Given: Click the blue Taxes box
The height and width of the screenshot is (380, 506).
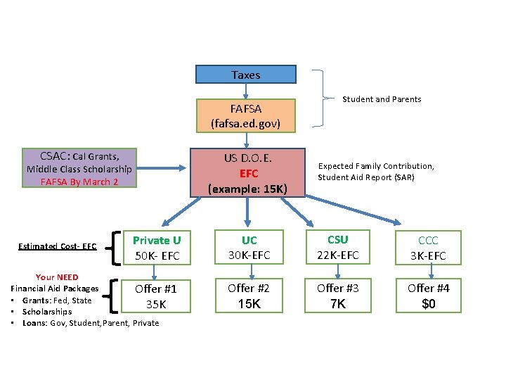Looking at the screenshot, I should [245, 75].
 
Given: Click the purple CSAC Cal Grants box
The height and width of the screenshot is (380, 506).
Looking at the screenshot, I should [79, 169].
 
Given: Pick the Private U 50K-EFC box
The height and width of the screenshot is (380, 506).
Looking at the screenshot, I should [157, 248].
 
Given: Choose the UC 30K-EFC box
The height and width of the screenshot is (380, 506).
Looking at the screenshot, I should [249, 248].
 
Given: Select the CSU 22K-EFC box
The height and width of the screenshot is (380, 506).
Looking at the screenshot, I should [337, 247].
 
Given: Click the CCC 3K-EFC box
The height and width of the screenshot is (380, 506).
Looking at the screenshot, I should [427, 248].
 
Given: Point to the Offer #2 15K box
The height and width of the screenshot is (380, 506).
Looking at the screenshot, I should [249, 296].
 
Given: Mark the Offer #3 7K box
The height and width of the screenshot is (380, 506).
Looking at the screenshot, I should [337, 296].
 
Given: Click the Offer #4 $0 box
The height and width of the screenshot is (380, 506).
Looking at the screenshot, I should [428, 296].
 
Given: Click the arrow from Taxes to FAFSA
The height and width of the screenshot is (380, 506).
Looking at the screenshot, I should [245, 91].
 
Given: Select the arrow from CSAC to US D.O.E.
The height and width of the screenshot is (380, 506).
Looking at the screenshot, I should [162, 169].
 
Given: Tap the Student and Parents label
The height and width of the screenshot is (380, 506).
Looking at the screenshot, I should [382, 99].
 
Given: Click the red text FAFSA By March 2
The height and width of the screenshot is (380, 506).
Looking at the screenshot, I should [79, 182].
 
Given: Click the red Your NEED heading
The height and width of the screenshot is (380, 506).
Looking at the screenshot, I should [57, 277].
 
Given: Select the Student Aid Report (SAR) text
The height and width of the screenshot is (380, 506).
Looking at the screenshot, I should [365, 177].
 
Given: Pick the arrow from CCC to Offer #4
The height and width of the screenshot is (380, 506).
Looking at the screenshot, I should [427, 272].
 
